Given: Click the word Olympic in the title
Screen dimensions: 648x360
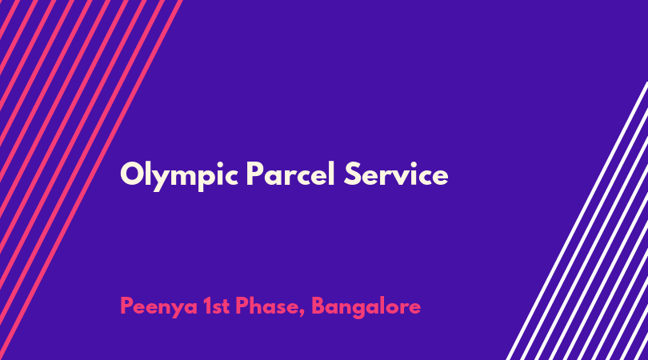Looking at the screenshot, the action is pos(179,176).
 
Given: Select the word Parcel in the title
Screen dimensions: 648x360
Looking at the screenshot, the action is pos(290,174).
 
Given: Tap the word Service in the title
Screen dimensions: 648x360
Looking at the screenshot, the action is pos(396,174).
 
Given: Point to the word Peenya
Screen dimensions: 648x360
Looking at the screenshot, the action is pos(158,307).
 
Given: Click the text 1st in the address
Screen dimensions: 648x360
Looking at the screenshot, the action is pos(216,306).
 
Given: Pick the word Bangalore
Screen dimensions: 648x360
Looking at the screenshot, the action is pos(366,307).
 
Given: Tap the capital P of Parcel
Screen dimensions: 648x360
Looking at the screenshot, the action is pos(255,174).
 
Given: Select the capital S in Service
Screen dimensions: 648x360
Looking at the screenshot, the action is pos(353,174).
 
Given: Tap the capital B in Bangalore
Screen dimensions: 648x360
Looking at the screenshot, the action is pos(318,306).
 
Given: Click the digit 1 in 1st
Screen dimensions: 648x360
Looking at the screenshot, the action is pos(206,306).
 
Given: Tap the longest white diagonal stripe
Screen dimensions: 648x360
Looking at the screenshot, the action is pos(577,221).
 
